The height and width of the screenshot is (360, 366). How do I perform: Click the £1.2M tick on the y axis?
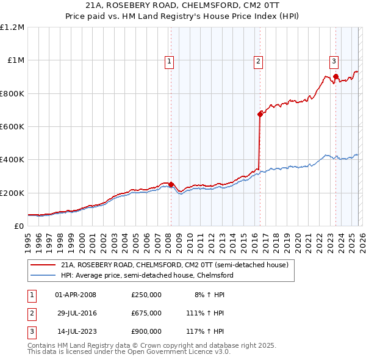tap(12, 27)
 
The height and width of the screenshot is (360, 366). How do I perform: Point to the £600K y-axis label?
tap(12, 127)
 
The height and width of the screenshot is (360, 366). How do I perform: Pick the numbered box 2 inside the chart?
tap(259, 61)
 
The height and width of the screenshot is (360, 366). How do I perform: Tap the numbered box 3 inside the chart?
tap(334, 61)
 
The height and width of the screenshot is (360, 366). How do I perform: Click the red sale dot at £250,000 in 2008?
tap(171, 184)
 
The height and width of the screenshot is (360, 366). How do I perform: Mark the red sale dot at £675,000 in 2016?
tap(260, 114)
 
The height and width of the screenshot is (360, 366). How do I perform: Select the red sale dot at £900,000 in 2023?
tap(335, 77)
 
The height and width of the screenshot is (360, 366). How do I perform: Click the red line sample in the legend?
tap(43, 265)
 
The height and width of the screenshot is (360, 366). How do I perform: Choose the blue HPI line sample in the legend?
tap(43, 275)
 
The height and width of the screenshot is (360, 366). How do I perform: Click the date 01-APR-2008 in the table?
tap(76, 295)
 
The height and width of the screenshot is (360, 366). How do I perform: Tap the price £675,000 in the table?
tap(146, 313)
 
